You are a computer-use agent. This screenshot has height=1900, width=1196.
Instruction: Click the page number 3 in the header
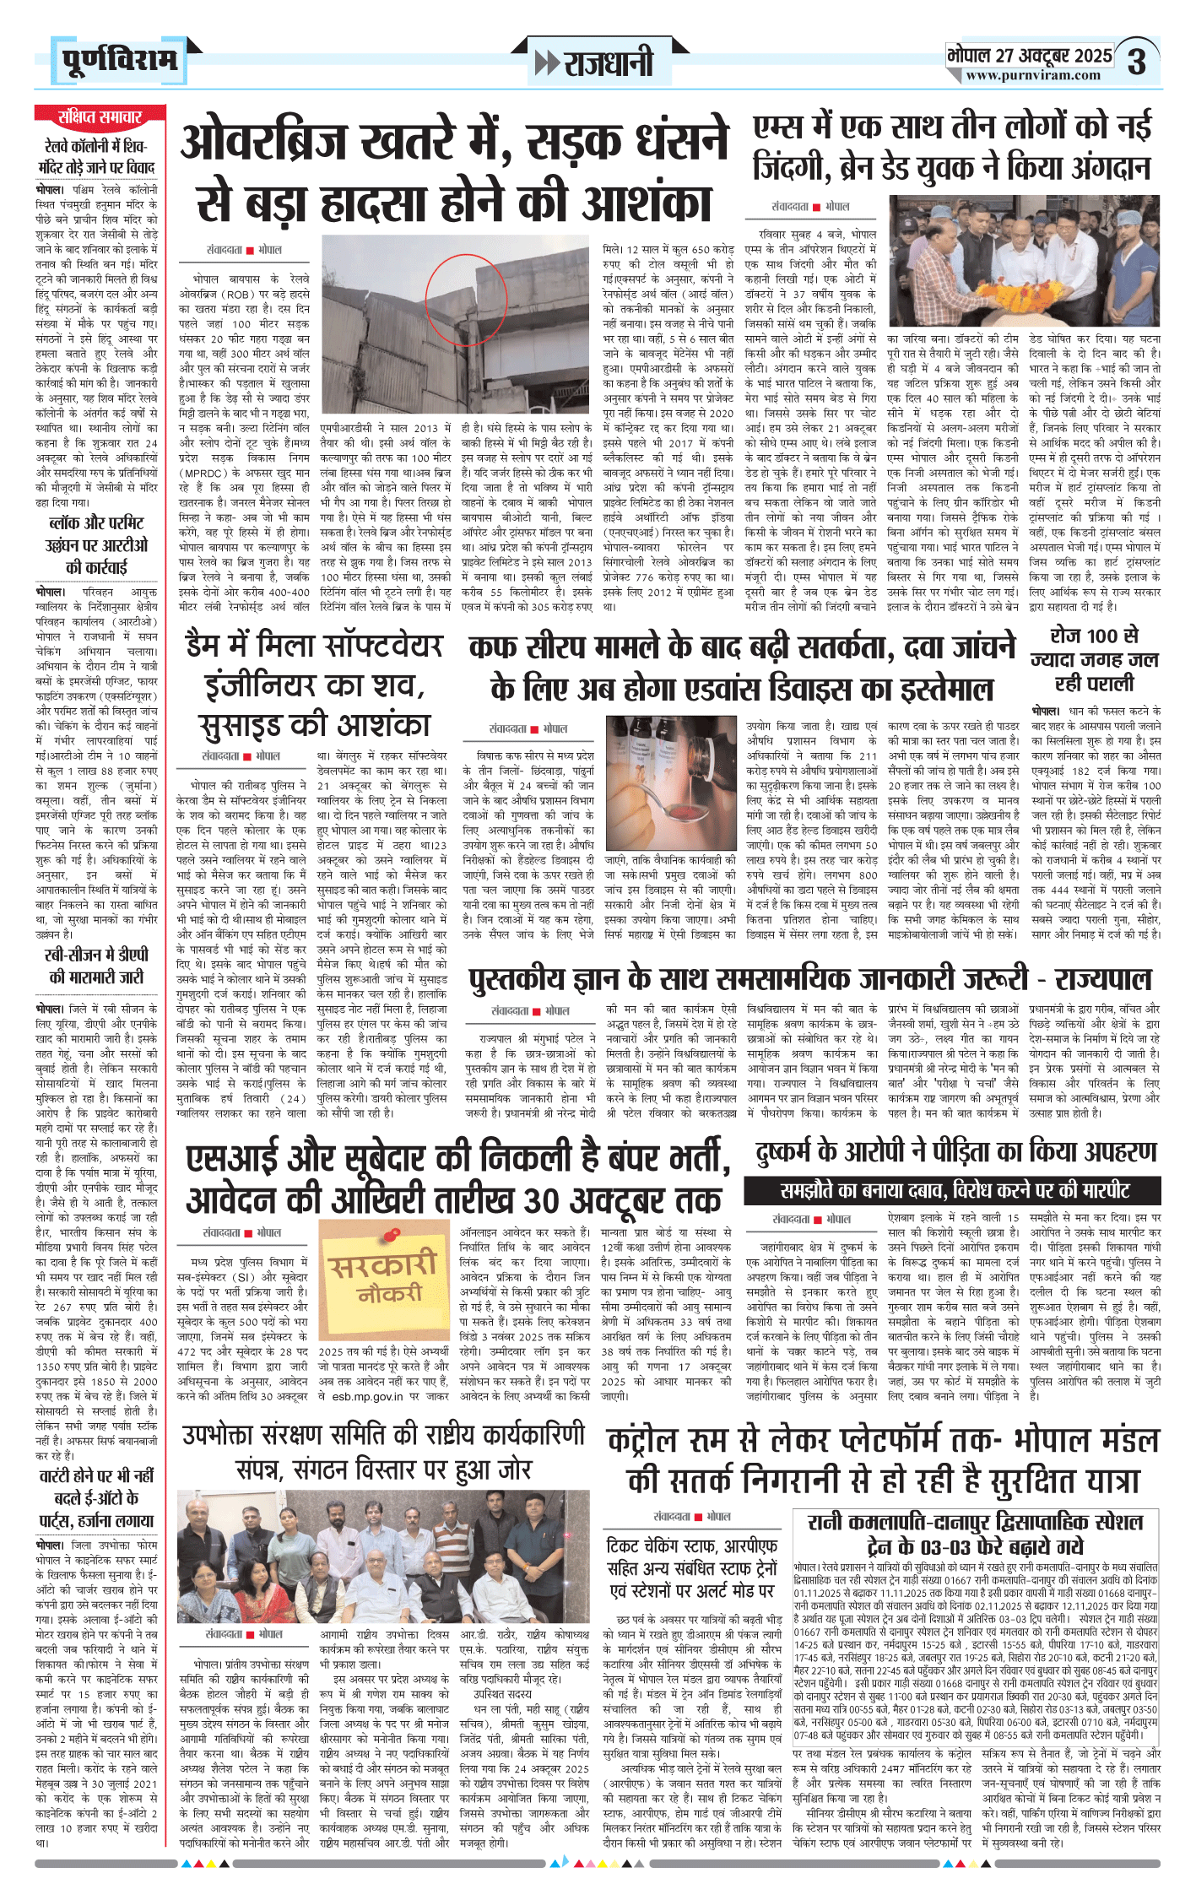(x=1137, y=62)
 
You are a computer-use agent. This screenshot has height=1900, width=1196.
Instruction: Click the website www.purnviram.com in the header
(x=1033, y=75)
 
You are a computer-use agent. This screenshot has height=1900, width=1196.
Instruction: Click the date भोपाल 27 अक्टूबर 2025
(x=1030, y=56)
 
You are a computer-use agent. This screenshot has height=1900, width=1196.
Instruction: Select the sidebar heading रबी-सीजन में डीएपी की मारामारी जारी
(x=96, y=966)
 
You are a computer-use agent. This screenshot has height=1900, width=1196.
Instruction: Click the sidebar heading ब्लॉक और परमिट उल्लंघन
(x=96, y=544)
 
